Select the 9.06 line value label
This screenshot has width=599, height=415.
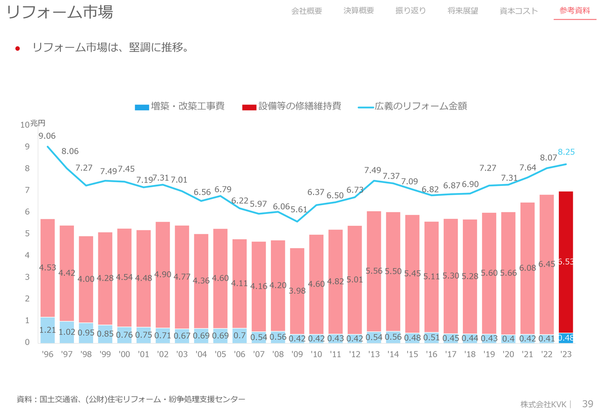pyautogui.click(x=47, y=136)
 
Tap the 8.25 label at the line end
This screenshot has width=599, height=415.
pyautogui.click(x=566, y=152)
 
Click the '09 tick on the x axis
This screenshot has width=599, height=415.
pyautogui.click(x=297, y=355)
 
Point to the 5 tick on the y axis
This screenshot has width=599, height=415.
pyautogui.click(x=27, y=234)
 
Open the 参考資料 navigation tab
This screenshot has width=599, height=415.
pyautogui.click(x=575, y=11)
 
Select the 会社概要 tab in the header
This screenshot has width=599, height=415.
pyautogui.click(x=307, y=11)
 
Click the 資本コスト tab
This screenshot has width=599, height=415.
pyautogui.click(x=519, y=11)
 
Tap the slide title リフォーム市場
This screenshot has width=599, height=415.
pyautogui.click(x=60, y=13)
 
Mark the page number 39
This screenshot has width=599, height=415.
pyautogui.click(x=588, y=404)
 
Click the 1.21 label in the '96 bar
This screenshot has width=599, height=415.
pyautogui.click(x=47, y=330)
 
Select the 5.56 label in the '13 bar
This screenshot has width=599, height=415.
pyautogui.click(x=374, y=271)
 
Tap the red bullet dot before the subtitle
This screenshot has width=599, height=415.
pyautogui.click(x=18, y=48)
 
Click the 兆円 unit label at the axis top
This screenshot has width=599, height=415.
pyautogui.click(x=38, y=124)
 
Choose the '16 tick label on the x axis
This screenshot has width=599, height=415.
pyautogui.click(x=431, y=355)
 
